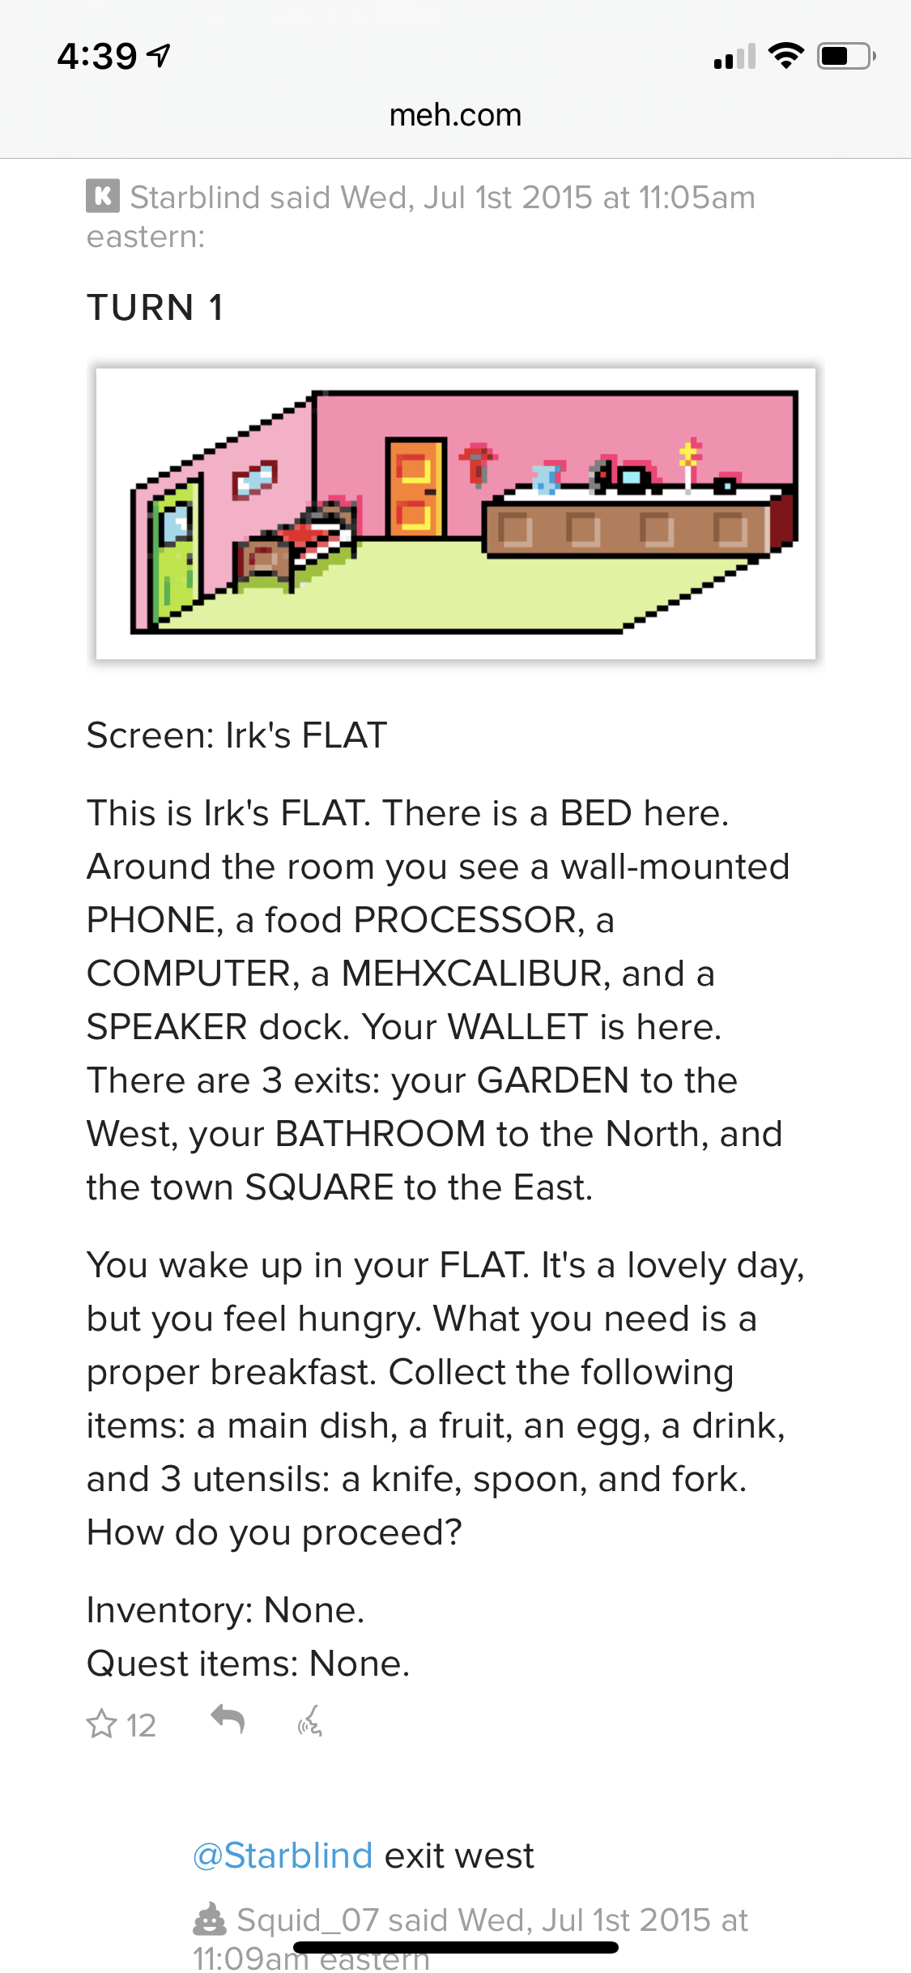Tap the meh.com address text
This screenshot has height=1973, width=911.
[455, 115]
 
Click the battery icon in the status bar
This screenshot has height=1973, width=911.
[845, 56]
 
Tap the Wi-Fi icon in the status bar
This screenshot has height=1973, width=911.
[785, 56]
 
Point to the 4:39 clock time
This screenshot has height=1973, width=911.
[97, 56]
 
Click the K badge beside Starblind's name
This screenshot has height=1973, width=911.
[103, 196]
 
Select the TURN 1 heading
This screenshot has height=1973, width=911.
[155, 308]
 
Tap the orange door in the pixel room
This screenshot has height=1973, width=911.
[415, 488]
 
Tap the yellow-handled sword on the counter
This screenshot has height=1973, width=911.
[688, 466]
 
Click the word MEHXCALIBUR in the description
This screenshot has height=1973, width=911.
[472, 974]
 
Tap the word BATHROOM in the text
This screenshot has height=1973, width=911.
[380, 1134]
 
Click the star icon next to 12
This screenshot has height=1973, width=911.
[102, 1724]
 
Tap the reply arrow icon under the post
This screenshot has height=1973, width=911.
[228, 1718]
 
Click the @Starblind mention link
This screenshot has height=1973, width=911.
[282, 1856]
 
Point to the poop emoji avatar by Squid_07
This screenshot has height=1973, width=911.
[210, 1919]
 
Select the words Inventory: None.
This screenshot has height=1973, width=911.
[225, 1610]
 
